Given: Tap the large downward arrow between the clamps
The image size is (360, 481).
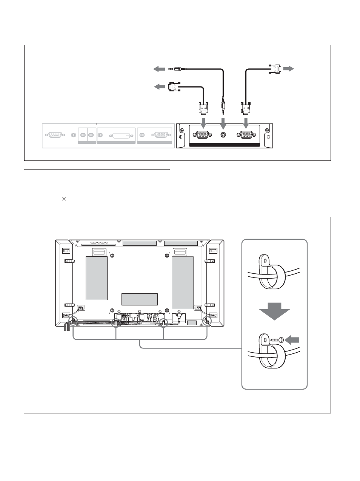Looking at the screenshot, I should tap(274, 311).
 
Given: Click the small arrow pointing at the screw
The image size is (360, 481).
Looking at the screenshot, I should tap(292, 340).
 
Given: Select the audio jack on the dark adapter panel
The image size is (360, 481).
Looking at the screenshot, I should tap(224, 134).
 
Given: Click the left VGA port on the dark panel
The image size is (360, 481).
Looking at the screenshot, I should tap(202, 134).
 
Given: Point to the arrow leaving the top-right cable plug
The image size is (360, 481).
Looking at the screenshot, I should tap(288, 69).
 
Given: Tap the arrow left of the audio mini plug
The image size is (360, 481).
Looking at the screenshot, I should tap(159, 69).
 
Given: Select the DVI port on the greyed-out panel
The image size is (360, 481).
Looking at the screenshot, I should tap(118, 135).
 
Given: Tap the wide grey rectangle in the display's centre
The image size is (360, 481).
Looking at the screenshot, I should tap(139, 299).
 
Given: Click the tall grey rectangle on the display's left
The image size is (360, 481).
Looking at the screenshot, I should tap(97, 278).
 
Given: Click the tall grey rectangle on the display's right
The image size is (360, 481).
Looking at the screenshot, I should tap(182, 282).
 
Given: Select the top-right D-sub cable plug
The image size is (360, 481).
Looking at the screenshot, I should tap(275, 69).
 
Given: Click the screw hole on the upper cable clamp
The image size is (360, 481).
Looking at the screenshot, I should tap(265, 261).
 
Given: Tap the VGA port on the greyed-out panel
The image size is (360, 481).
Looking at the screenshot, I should tap(161, 135).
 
